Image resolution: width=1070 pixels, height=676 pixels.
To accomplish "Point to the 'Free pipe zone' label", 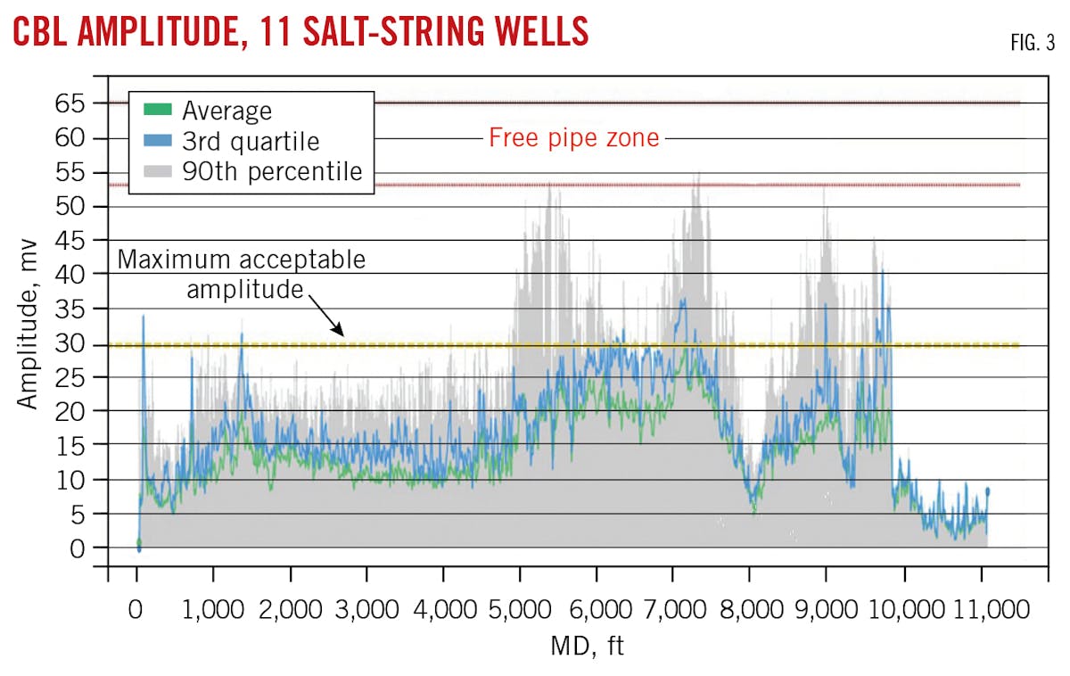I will click(x=573, y=138).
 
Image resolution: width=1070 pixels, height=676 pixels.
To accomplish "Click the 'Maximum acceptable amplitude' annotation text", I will click(x=241, y=274).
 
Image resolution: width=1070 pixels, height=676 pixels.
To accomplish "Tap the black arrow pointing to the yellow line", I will click(x=327, y=317).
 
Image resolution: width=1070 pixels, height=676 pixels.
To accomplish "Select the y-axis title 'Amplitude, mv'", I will click(x=29, y=326).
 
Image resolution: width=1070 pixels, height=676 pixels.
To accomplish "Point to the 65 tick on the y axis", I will click(x=74, y=103).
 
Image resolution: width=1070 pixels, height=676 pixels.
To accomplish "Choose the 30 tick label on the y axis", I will click(x=74, y=342).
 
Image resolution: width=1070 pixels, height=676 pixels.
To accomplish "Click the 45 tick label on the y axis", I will click(x=74, y=240).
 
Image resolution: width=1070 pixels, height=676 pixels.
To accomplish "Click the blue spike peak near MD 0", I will click(x=143, y=317).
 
